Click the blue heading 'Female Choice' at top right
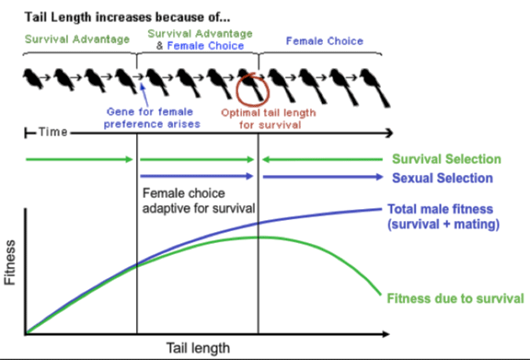coord(324,41)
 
